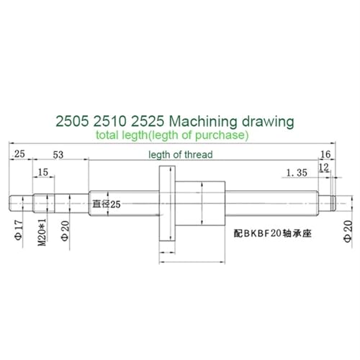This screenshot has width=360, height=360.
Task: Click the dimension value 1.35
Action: click(x=297, y=172)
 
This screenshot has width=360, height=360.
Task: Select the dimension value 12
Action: click(x=324, y=167)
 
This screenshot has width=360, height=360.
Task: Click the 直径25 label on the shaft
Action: click(x=108, y=204)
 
